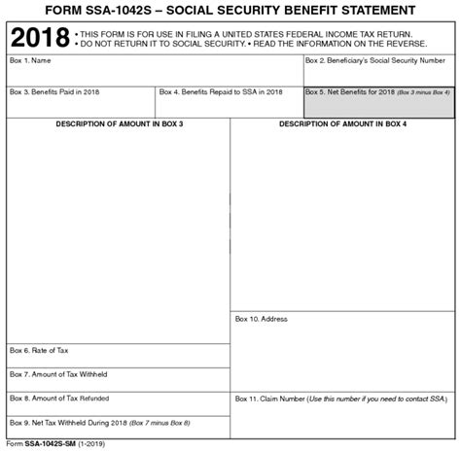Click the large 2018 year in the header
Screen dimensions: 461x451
click(38, 41)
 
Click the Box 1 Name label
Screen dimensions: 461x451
click(32, 60)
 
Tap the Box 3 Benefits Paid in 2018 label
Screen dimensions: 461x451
click(55, 92)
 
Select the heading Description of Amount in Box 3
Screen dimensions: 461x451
click(119, 124)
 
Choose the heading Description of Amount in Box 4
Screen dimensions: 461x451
click(342, 124)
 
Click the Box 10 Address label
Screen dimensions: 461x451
click(261, 319)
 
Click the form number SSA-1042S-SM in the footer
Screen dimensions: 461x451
click(55, 442)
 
